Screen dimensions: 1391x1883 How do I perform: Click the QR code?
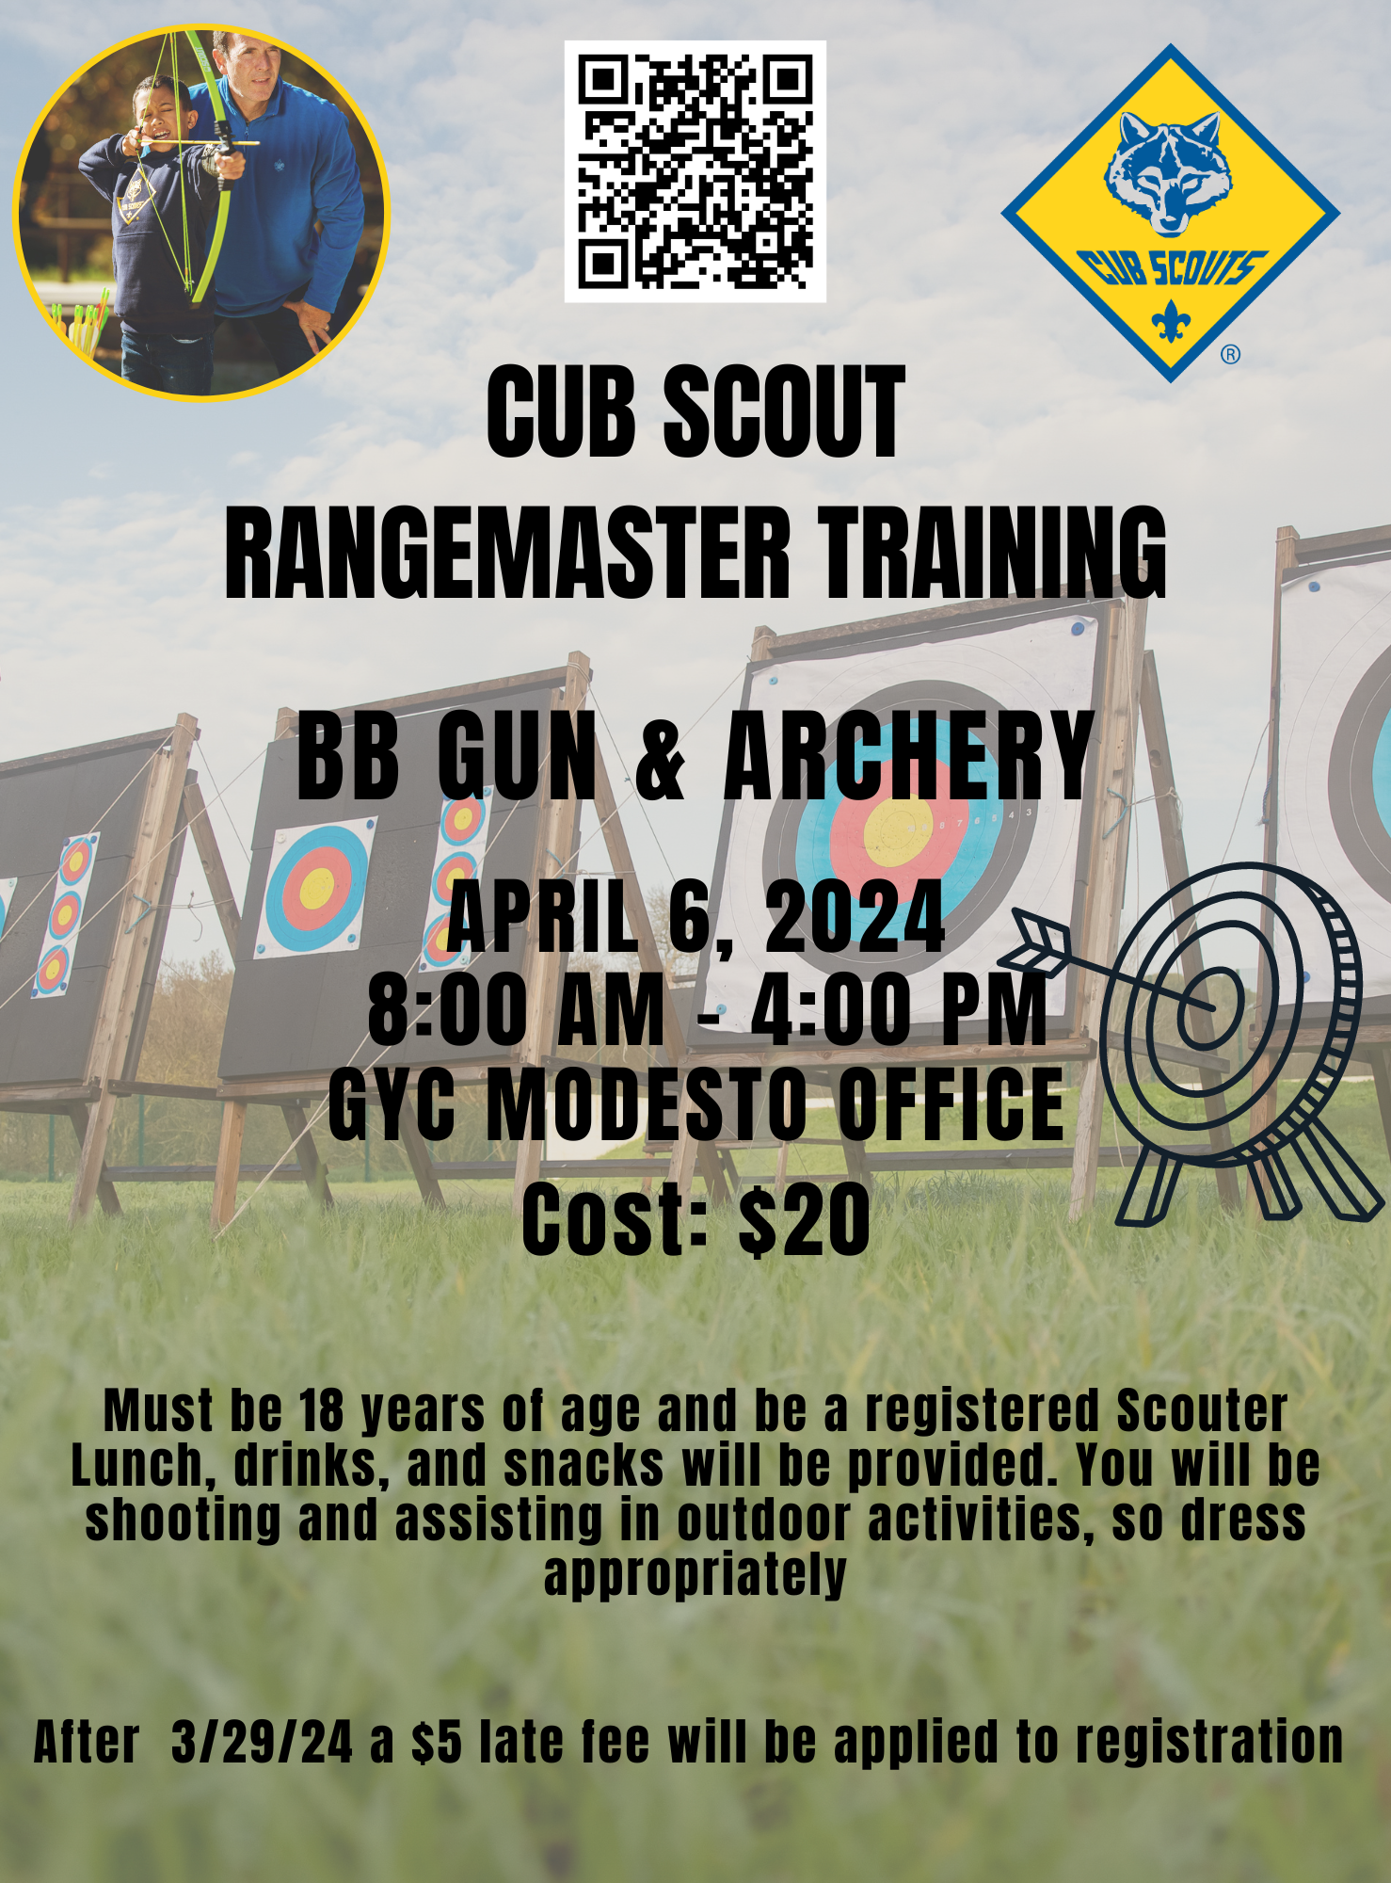pos(695,171)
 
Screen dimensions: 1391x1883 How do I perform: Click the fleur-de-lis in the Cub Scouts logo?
pos(1171,322)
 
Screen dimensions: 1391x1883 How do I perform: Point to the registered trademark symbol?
pos(1230,354)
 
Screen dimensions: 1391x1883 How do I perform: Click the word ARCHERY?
pos(908,757)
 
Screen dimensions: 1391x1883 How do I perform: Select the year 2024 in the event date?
pos(855,916)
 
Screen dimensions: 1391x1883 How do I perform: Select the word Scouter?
pos(1202,1410)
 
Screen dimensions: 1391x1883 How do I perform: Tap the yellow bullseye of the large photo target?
pos(898,832)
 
